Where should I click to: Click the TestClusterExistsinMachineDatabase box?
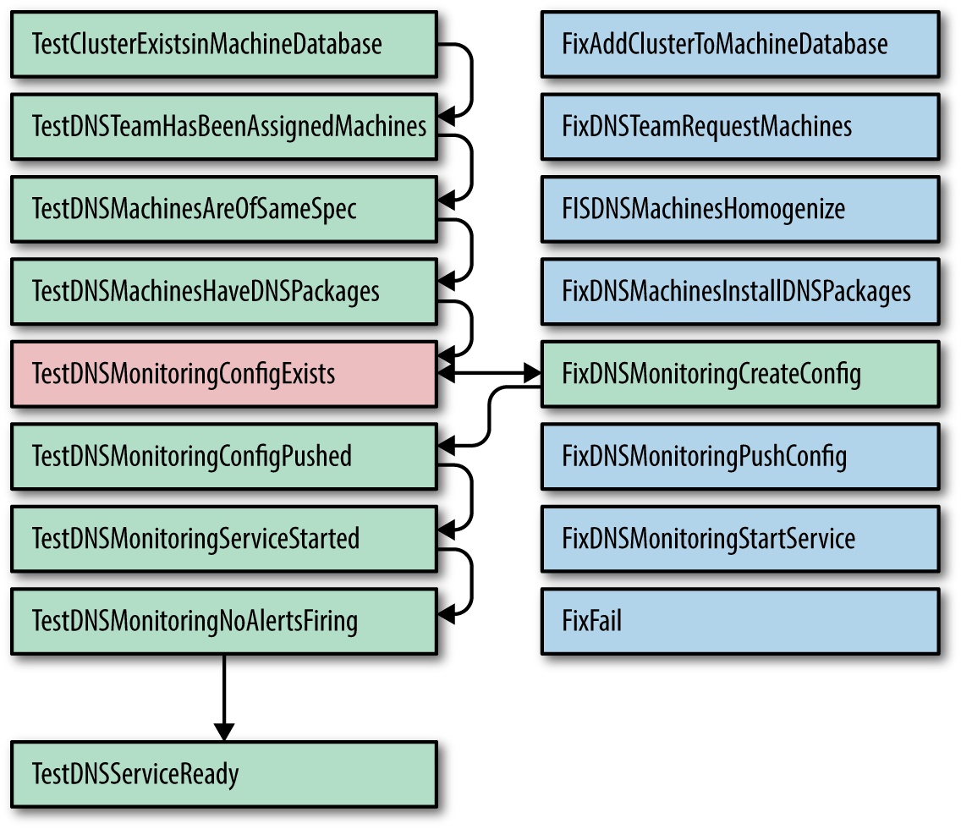coord(223,44)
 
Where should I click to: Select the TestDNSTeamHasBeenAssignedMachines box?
coord(223,127)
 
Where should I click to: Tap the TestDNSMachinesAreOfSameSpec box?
coord(223,209)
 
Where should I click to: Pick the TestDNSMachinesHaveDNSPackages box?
coord(223,292)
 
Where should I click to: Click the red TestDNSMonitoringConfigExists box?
coord(223,374)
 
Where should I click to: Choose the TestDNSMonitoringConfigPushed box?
coord(223,457)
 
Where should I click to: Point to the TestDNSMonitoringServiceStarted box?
coord(223,539)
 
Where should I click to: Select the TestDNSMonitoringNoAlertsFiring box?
coord(223,622)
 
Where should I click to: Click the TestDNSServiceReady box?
coord(223,773)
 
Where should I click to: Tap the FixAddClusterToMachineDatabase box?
coord(740,44)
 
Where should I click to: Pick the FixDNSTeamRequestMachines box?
coord(740,127)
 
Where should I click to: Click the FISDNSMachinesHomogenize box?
coord(740,209)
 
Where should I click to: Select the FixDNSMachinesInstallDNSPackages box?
coord(740,292)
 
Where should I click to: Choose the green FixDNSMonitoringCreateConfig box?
coord(740,374)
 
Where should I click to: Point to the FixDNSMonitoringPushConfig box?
coord(740,457)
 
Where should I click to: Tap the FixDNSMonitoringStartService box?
coord(740,539)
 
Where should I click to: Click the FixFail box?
coord(740,622)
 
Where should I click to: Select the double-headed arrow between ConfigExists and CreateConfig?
coord(490,372)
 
